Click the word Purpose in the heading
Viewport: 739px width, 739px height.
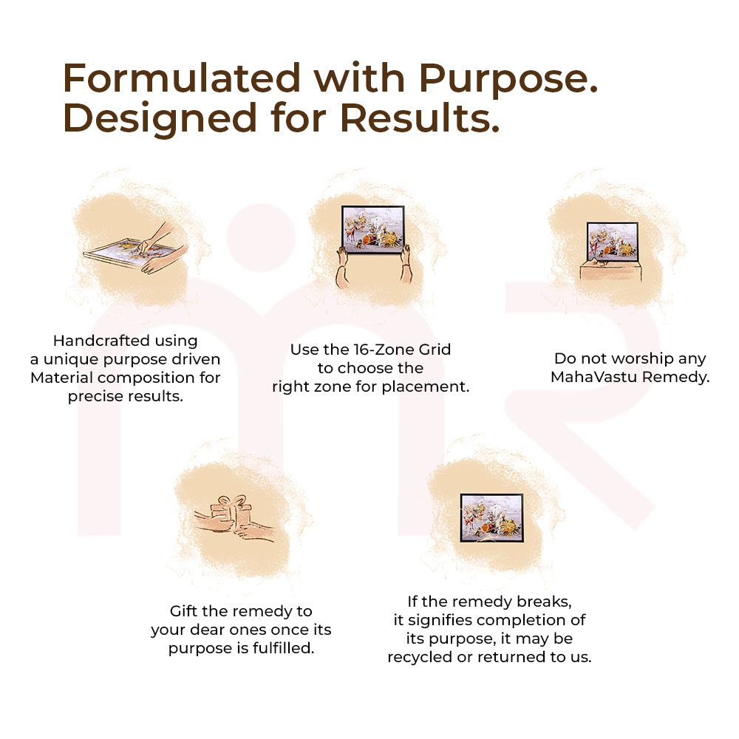point(508,80)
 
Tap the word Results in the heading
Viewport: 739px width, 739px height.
point(420,118)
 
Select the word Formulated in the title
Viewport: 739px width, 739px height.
point(182,78)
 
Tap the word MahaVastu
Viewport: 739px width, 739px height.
point(594,377)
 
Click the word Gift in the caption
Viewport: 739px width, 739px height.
point(183,611)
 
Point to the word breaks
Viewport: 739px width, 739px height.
point(545,602)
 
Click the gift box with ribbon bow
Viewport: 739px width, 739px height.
point(231,514)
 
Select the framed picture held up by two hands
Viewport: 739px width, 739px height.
point(372,230)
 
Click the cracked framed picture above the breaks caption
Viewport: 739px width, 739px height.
point(491,518)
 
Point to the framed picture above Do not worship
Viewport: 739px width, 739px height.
point(612,242)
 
